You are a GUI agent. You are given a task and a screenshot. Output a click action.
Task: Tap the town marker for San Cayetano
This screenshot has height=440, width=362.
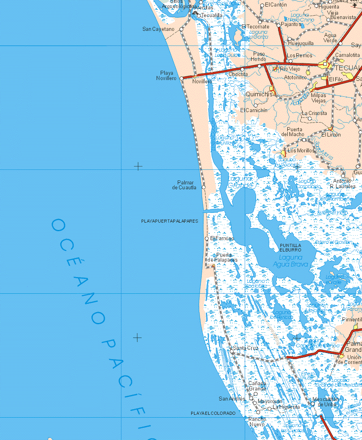181,29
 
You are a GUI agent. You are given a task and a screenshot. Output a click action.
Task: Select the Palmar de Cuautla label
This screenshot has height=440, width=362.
185,185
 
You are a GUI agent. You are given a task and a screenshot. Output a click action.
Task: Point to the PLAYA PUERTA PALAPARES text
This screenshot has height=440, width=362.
170,221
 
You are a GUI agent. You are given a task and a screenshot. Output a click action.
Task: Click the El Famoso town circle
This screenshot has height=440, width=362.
207,238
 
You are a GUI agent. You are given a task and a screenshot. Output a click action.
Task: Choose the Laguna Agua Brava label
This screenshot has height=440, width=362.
291,261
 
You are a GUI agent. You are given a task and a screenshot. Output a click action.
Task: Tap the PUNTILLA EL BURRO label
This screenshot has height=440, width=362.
291,247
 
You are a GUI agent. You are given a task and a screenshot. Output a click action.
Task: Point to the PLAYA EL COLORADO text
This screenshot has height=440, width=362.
213,413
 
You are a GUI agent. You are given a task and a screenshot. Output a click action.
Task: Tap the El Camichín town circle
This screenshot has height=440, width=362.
256,106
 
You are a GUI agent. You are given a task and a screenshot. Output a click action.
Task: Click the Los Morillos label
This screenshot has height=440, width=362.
301,150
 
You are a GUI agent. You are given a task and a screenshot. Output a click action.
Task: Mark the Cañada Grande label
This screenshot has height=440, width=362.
257,386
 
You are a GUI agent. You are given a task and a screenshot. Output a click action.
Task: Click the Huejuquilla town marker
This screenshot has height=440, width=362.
290,39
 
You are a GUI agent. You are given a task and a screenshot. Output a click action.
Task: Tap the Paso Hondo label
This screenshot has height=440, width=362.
259,56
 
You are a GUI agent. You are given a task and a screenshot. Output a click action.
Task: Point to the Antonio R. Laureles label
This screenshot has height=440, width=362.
342,184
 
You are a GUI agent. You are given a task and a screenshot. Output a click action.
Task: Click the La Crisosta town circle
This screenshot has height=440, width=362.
309,119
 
